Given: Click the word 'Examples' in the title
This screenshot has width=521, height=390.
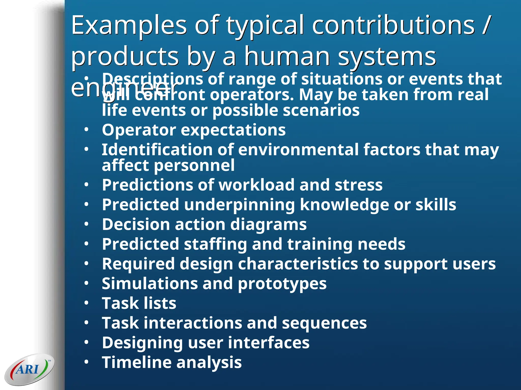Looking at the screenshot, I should pyautogui.click(x=129, y=25).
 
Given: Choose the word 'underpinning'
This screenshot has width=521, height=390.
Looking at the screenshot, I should pyautogui.click(x=239, y=205).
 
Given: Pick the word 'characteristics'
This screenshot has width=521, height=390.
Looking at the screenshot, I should pyautogui.click(x=298, y=264).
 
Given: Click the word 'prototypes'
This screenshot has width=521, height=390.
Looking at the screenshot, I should pyautogui.click(x=282, y=284).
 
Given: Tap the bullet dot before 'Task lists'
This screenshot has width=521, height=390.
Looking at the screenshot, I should pyautogui.click(x=86, y=303).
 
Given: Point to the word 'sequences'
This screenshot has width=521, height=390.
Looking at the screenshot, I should pyautogui.click(x=324, y=323).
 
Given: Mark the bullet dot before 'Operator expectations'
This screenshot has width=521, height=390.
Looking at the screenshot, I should pyautogui.click(x=86, y=130).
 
